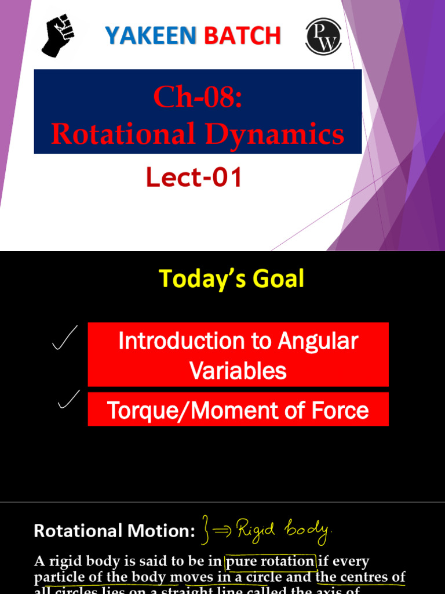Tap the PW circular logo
coord(323,36)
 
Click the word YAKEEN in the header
coord(150,36)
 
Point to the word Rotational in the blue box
coord(118,134)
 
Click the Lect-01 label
coord(194,178)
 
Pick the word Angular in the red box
coord(319,341)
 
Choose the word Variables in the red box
coord(238,371)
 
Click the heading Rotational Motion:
coord(114,531)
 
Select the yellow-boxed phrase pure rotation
coord(270,562)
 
